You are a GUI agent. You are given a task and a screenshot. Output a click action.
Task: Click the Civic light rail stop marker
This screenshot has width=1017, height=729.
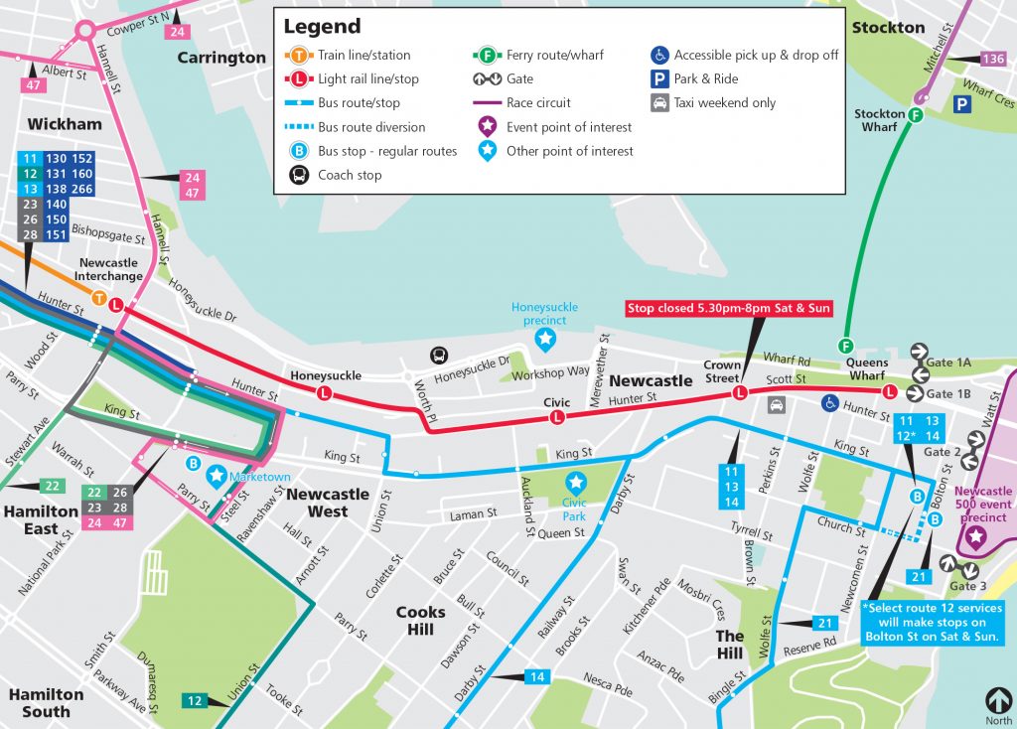[x=557, y=418]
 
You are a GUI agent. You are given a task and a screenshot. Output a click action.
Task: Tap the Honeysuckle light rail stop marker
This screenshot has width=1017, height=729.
[x=324, y=394]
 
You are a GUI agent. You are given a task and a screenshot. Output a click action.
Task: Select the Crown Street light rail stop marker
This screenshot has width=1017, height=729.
[x=739, y=394]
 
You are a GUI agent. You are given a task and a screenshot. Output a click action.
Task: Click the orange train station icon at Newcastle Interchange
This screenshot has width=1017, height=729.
[x=99, y=298]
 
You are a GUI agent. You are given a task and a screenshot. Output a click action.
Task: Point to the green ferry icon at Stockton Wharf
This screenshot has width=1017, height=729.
[x=915, y=115]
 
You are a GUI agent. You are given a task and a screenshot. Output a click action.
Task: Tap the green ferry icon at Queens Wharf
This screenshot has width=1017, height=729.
[x=846, y=346]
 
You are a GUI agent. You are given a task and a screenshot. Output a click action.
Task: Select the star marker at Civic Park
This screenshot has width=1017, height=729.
[x=575, y=482]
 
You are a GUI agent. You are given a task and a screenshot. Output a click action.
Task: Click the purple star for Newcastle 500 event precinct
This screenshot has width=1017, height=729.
[x=976, y=537]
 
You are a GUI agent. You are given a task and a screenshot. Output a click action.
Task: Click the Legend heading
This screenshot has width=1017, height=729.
[x=322, y=27]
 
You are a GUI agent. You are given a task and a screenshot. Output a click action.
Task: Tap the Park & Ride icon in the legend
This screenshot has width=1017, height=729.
[x=658, y=78]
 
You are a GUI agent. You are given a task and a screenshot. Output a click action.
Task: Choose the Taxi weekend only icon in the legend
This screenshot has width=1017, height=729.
[x=658, y=102]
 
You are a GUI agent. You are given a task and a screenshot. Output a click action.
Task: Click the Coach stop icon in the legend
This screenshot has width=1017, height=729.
[x=298, y=175]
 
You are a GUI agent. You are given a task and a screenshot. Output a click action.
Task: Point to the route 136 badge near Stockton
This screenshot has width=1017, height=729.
[x=991, y=59]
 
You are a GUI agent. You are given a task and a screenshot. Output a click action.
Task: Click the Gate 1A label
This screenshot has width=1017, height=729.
[x=947, y=364]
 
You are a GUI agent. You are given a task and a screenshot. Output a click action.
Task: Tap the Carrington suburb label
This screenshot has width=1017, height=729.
[x=221, y=58]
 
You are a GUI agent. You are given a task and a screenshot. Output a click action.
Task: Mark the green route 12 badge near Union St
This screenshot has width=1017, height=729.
[x=194, y=701]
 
